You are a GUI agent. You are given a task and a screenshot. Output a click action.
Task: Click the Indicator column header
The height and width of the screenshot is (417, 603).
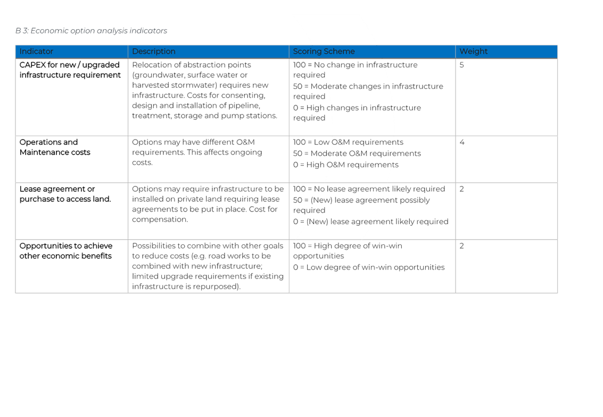[x=37, y=52]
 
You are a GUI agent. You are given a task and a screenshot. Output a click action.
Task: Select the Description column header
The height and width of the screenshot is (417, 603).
[x=154, y=52]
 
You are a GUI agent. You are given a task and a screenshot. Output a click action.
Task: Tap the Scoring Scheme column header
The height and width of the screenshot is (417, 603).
[x=324, y=52]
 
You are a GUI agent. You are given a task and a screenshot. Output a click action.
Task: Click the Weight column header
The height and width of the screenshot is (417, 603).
[x=474, y=52]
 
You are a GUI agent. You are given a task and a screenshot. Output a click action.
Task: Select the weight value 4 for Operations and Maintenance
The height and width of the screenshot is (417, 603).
[x=462, y=143]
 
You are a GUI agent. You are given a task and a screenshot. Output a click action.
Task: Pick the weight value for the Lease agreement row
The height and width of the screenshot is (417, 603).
[x=461, y=189]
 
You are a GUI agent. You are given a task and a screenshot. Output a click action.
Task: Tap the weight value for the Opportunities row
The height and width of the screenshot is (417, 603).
[x=461, y=246]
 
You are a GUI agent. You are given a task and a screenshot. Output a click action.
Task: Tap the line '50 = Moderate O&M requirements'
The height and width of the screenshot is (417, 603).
[x=357, y=154]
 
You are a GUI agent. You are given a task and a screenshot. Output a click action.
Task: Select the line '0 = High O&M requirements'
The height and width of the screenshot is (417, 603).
[x=345, y=165]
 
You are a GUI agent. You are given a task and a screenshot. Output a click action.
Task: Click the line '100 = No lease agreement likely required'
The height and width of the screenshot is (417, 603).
[x=369, y=189]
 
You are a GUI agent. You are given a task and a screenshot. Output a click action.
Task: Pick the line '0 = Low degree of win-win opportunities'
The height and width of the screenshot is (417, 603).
[x=369, y=267]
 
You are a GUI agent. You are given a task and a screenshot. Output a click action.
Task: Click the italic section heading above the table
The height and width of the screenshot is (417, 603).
[x=92, y=31]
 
